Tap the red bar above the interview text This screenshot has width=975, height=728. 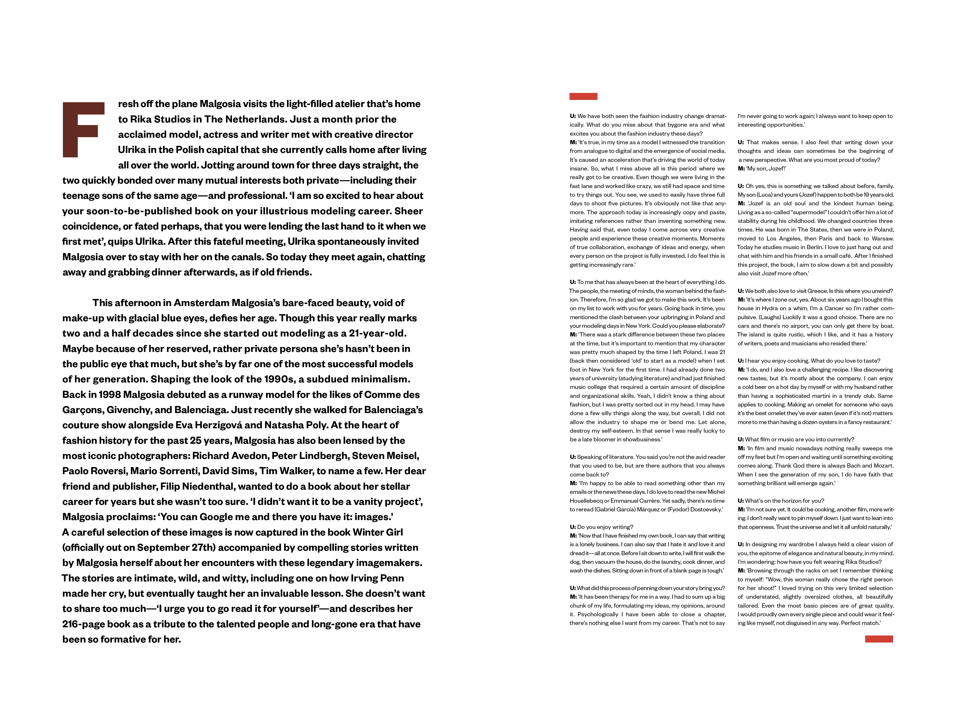(583, 96)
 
